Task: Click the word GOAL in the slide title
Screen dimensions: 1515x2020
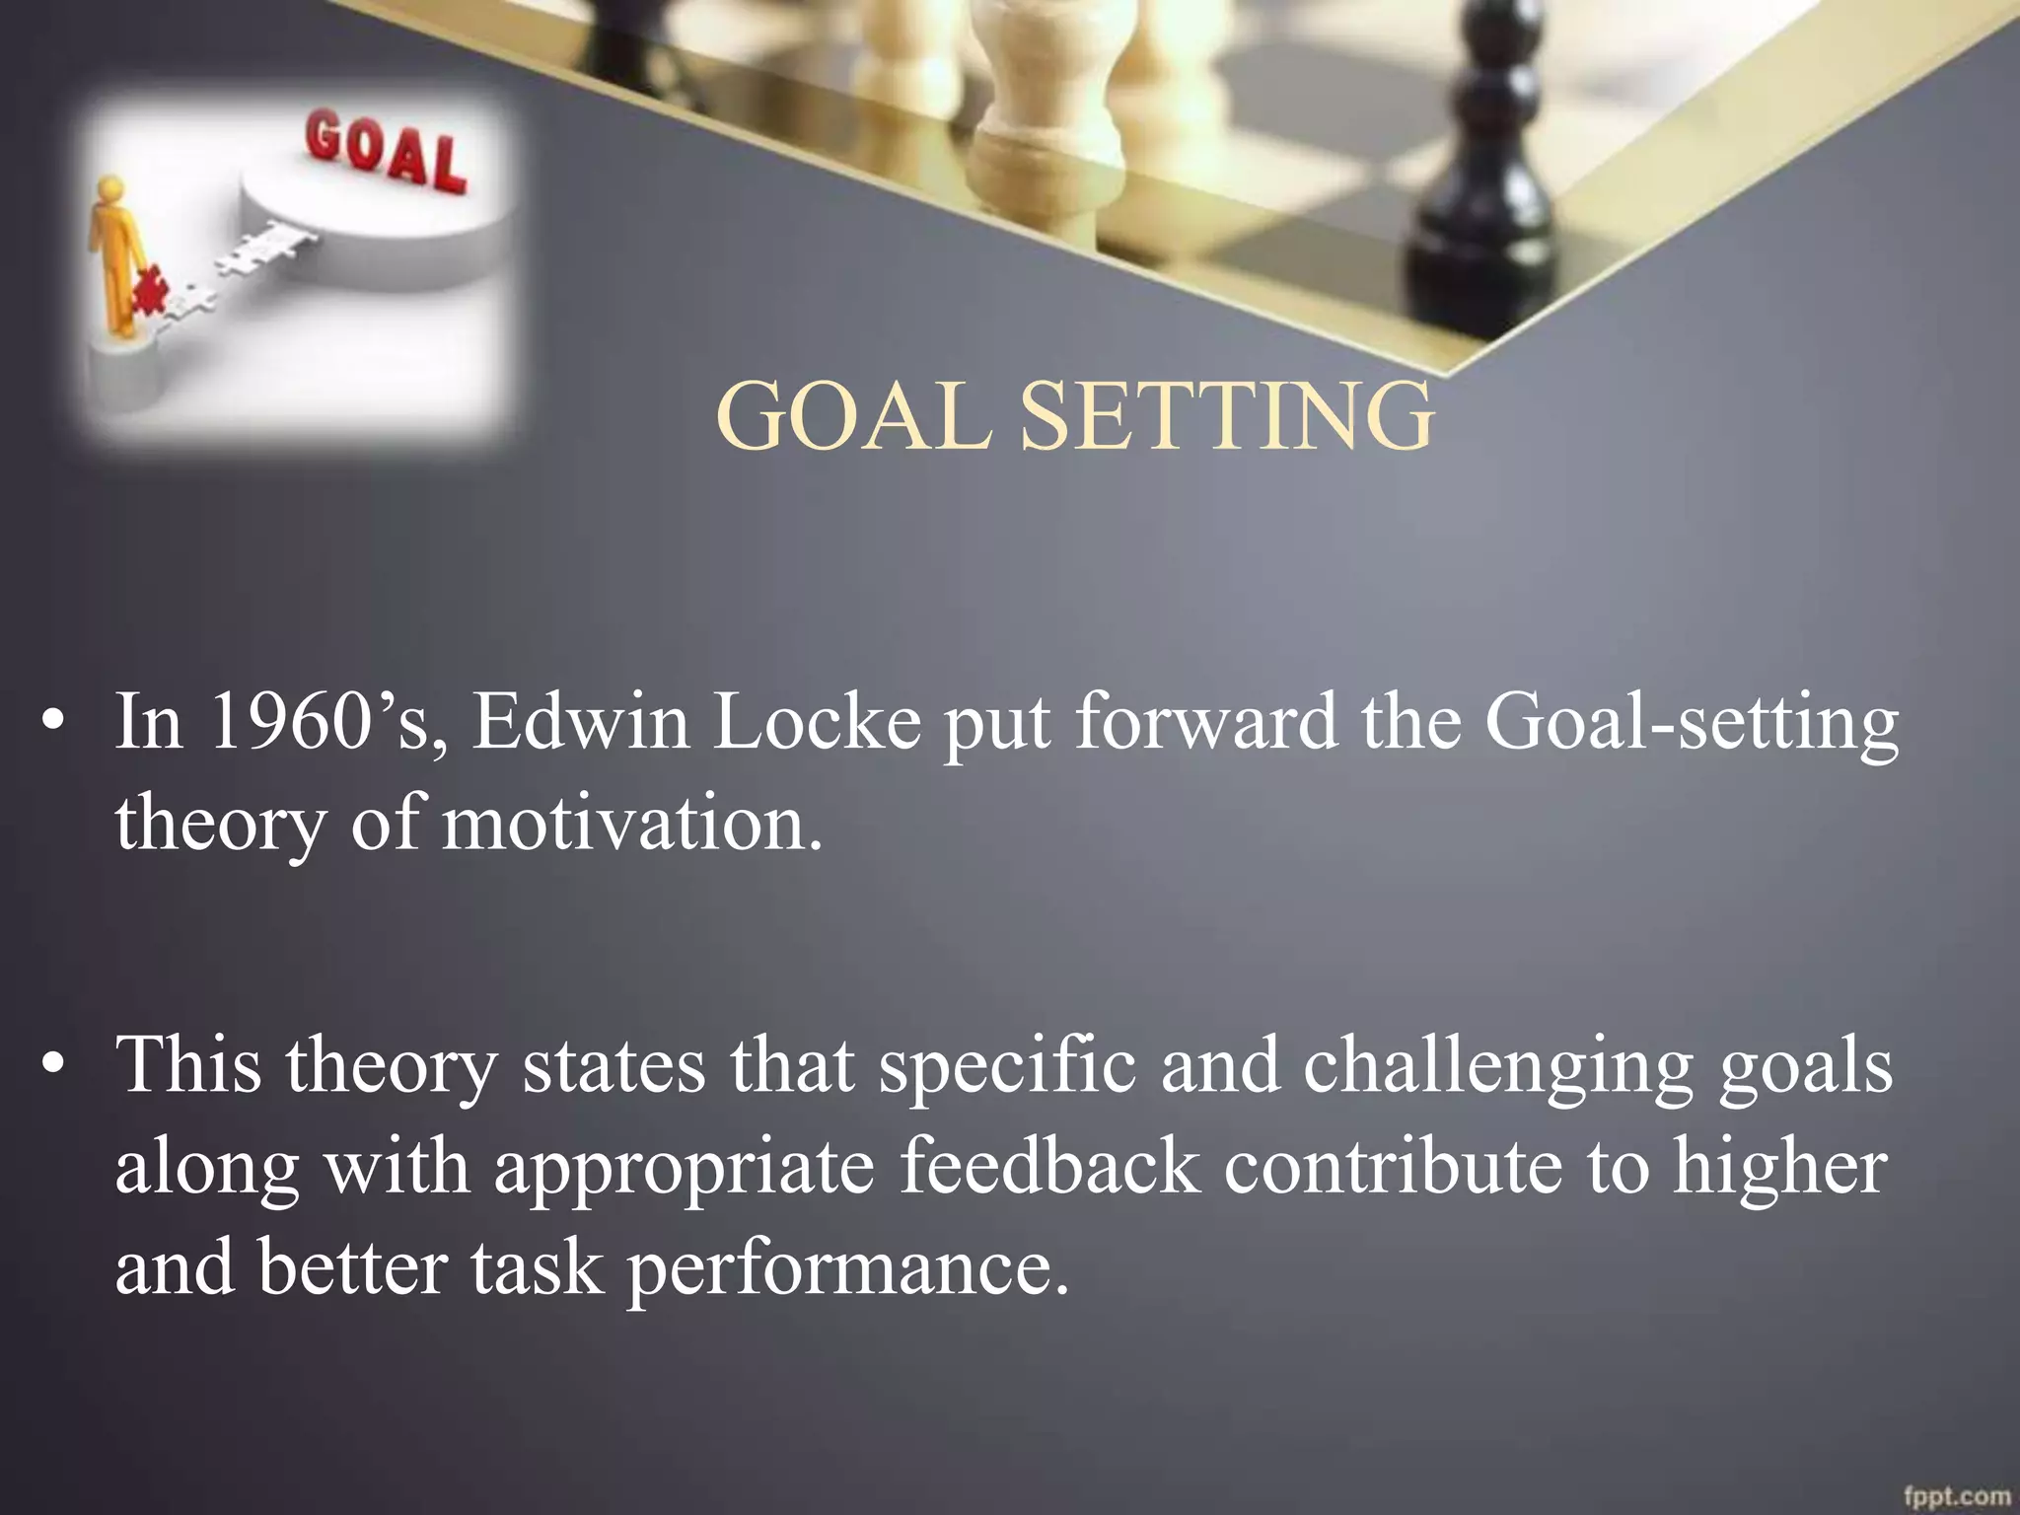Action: click(854, 416)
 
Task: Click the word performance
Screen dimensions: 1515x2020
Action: click(848, 1270)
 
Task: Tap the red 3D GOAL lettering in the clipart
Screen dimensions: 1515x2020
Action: click(386, 153)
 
